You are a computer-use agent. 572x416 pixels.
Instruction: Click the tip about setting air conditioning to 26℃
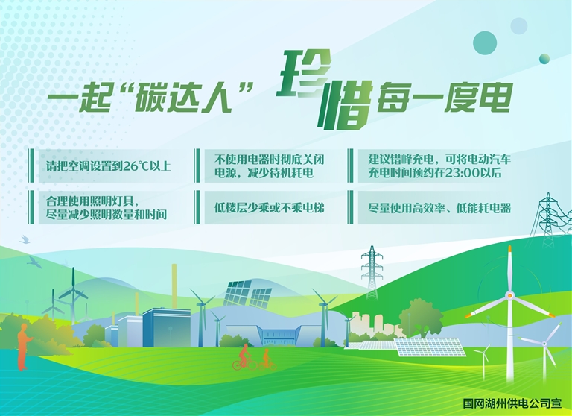pyautogui.click(x=108, y=166)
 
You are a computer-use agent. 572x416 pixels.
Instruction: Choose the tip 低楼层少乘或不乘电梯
pyautogui.click(x=269, y=208)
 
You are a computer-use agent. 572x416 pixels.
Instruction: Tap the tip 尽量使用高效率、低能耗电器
pyautogui.click(x=439, y=208)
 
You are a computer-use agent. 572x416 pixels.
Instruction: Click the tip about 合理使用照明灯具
pyautogui.click(x=107, y=207)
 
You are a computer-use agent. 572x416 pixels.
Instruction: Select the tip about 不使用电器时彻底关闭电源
pyautogui.click(x=269, y=166)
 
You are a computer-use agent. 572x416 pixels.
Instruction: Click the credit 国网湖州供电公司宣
pyautogui.click(x=512, y=403)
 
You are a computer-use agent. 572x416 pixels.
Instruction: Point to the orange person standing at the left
pyautogui.click(x=24, y=347)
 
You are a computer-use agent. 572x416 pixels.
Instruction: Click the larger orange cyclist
pyautogui.click(x=244, y=357)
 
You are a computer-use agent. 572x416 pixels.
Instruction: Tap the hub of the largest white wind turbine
pyautogui.click(x=509, y=295)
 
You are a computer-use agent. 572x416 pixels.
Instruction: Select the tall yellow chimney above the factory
pyautogui.click(x=174, y=286)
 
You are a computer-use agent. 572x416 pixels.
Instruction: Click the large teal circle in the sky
pyautogui.click(x=485, y=43)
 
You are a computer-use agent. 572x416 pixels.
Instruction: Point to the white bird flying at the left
pyautogui.click(x=25, y=239)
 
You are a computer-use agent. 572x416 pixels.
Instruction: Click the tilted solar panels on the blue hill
pyautogui.click(x=247, y=293)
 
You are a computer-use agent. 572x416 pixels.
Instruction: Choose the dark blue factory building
pyautogui.click(x=166, y=328)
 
